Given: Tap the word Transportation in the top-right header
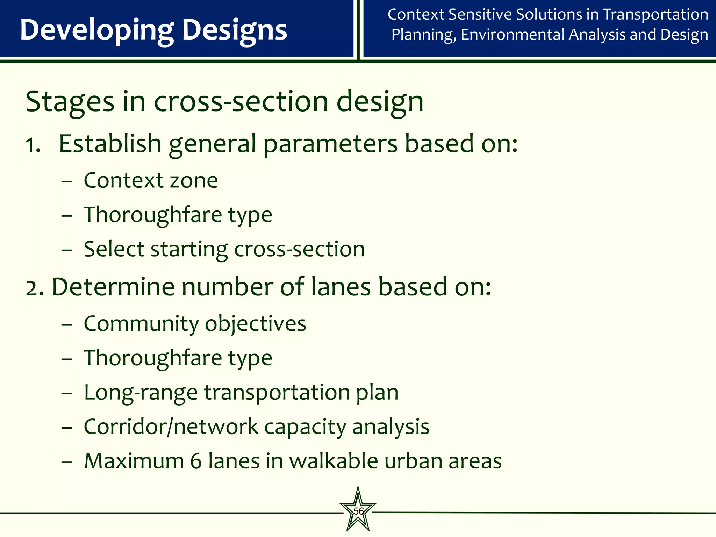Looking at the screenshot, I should (656, 15).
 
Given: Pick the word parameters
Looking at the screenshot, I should (331, 144).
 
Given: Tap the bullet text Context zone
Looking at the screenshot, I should (151, 180).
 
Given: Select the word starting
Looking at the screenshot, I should (189, 250).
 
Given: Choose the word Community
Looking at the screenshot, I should (141, 324).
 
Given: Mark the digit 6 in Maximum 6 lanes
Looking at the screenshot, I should (196, 461).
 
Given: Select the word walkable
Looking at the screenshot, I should (334, 461).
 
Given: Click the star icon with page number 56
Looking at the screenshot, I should (358, 510).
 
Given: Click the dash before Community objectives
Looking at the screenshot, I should (66, 325).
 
